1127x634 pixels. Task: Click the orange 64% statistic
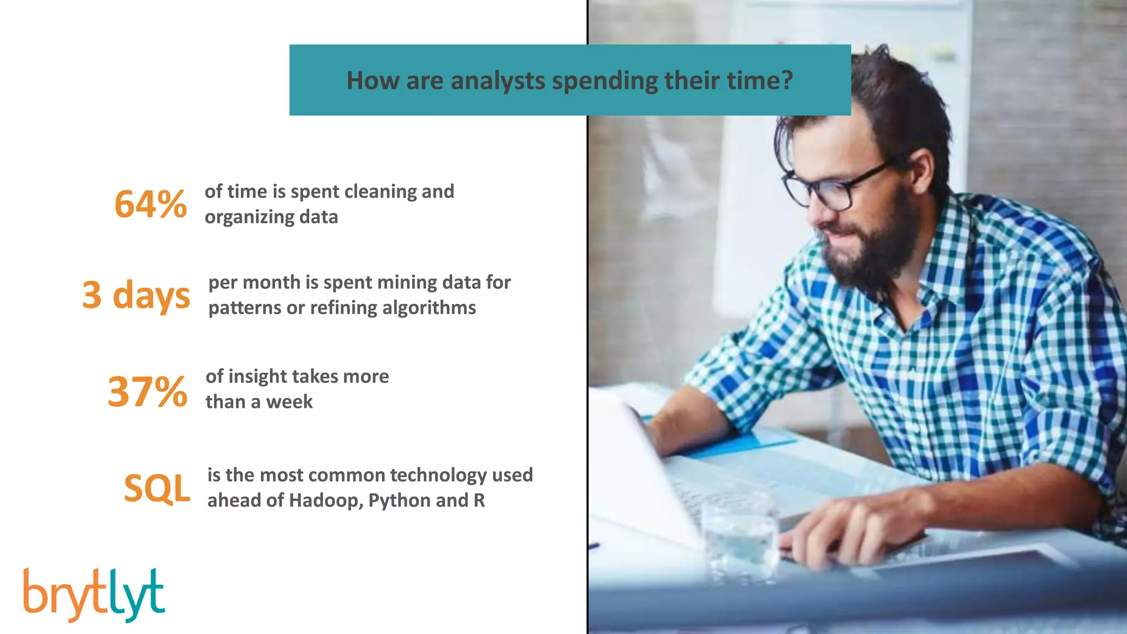pos(150,204)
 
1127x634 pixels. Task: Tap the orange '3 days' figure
pos(136,296)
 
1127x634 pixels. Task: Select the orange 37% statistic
pos(147,391)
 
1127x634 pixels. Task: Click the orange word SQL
pos(157,488)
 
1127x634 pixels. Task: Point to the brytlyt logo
pos(94,595)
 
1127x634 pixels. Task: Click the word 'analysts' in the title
pos(497,81)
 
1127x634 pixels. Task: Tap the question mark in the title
pos(787,80)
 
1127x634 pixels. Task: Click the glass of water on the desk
pos(740,539)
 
